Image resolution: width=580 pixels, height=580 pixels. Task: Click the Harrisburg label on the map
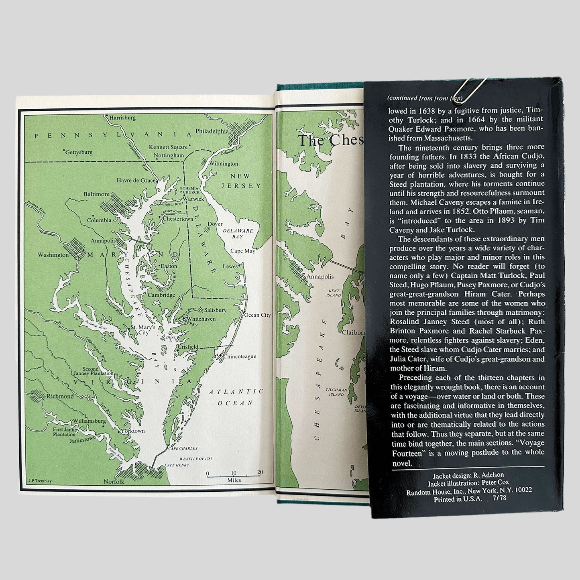(122, 118)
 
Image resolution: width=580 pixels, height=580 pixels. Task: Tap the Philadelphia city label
(212, 131)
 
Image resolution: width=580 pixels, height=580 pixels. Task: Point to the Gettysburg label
(79, 153)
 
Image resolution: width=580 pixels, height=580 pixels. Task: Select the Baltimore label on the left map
(96, 194)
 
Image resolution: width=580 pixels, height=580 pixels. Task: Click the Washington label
(53, 255)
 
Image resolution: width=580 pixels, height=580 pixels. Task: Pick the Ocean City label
(257, 315)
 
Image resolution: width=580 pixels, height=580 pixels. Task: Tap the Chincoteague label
(240, 356)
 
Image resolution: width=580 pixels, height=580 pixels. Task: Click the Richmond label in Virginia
(60, 396)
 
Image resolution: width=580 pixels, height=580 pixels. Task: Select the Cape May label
(242, 251)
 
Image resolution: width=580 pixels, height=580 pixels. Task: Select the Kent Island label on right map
(334, 293)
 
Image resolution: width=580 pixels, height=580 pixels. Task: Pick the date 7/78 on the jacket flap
(498, 500)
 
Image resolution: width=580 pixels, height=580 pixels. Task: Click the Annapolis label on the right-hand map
(320, 277)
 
